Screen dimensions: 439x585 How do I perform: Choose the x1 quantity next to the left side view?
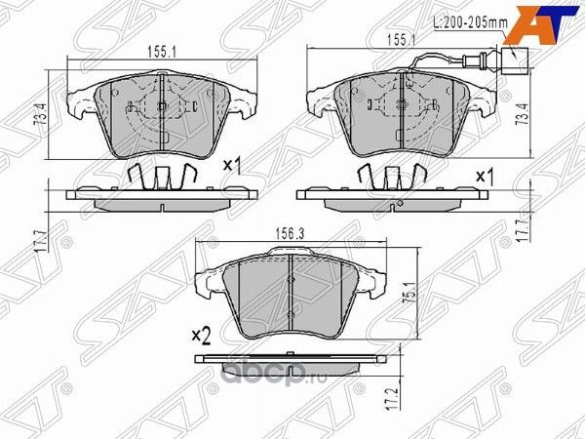pos(232,166)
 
